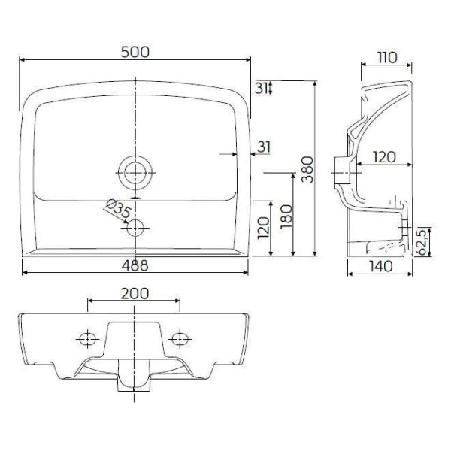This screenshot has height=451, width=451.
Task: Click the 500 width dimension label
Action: [135, 52]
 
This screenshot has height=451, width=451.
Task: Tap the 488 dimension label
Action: [135, 265]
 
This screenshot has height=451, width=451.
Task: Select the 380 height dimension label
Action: [307, 170]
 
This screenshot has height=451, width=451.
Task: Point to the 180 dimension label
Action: [286, 216]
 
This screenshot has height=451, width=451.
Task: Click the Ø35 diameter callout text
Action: [118, 208]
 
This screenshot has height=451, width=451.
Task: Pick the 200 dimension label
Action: [135, 294]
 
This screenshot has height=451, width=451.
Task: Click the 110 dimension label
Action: [387, 58]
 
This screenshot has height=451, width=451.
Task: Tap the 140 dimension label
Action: [380, 266]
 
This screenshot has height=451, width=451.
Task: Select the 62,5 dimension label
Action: [422, 241]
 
